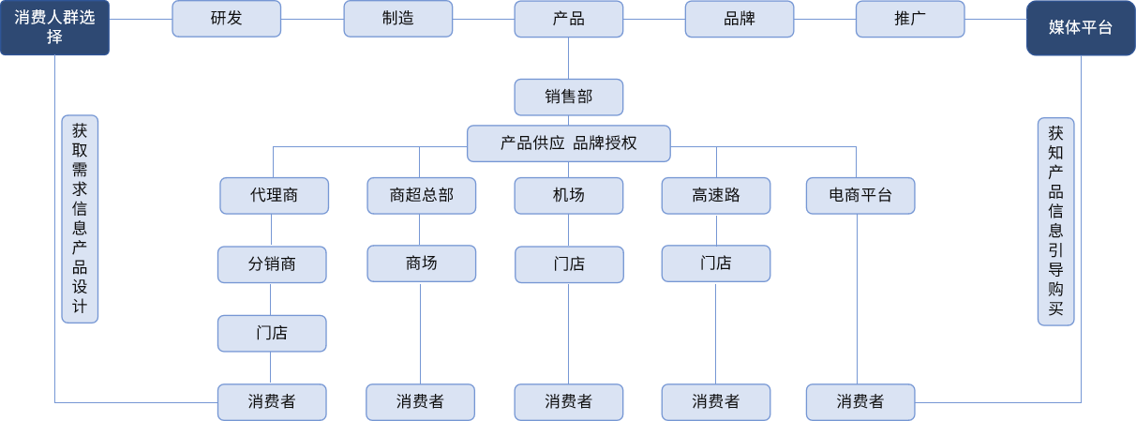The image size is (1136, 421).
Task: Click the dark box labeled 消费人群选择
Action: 54,28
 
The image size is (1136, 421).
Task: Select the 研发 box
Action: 226,19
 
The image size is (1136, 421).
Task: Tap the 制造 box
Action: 397,19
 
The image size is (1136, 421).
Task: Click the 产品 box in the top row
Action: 568,19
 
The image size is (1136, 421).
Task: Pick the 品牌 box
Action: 739,19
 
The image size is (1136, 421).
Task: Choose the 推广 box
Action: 909,19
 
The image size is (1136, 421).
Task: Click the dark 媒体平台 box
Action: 1081,28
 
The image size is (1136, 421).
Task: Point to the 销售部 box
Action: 568,97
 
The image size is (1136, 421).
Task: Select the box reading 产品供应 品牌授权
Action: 568,143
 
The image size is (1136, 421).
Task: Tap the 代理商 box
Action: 274,196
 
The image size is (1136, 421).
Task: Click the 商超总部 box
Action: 421,196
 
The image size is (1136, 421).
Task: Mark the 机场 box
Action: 568,196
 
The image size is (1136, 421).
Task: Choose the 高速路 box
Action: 716,196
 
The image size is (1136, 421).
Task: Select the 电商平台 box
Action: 859,196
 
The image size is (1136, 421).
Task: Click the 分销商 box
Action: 272,264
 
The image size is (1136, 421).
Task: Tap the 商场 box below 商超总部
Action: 421,263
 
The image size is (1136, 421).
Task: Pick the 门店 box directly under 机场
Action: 568,264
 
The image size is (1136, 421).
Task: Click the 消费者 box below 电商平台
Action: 859,402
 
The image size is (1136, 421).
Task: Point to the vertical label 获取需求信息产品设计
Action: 80,219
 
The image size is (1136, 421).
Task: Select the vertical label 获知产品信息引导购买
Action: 1055,221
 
